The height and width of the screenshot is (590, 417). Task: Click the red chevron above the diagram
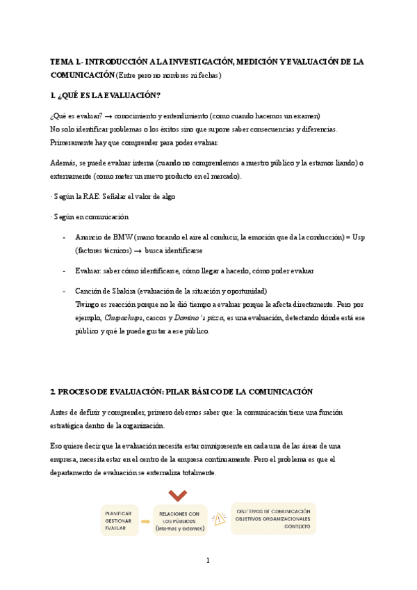(x=178, y=495)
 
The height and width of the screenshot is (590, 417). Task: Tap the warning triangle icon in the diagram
(x=220, y=519)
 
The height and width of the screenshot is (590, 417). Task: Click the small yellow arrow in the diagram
(x=145, y=520)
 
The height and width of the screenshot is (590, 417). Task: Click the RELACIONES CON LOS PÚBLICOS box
(x=179, y=520)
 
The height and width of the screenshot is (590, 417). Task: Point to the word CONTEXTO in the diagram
(x=297, y=527)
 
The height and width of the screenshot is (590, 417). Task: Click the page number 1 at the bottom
(x=208, y=561)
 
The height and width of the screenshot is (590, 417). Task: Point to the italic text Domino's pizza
(x=198, y=318)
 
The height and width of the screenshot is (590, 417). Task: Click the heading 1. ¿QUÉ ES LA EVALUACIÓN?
(x=105, y=95)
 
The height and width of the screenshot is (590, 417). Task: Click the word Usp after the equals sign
(x=359, y=237)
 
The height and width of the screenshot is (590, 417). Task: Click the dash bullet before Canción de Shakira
(x=65, y=291)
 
